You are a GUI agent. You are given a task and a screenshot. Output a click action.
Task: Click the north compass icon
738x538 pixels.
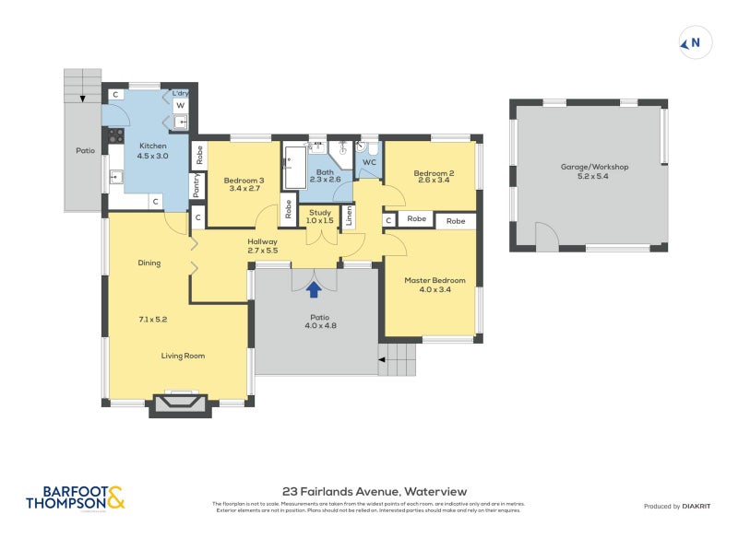point(695,42)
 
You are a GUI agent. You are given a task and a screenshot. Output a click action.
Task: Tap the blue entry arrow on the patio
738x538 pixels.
point(314,289)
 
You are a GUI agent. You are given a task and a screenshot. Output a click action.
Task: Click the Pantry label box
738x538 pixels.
point(196,185)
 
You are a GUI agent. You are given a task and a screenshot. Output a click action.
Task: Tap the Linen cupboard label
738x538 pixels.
point(349,216)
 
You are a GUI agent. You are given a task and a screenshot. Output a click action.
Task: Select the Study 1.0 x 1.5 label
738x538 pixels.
point(320,216)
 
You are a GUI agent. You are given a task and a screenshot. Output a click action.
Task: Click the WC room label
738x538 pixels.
point(368,162)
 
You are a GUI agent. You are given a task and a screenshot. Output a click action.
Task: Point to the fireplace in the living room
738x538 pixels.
point(175,403)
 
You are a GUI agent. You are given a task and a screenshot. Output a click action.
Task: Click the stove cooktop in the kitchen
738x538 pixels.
point(116,136)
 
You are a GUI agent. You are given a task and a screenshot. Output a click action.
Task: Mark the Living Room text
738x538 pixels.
point(183,356)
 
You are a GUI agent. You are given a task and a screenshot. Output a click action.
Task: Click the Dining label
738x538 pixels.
point(149,263)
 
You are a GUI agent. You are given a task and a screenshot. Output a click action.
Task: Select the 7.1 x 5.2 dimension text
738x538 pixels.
point(152,319)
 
